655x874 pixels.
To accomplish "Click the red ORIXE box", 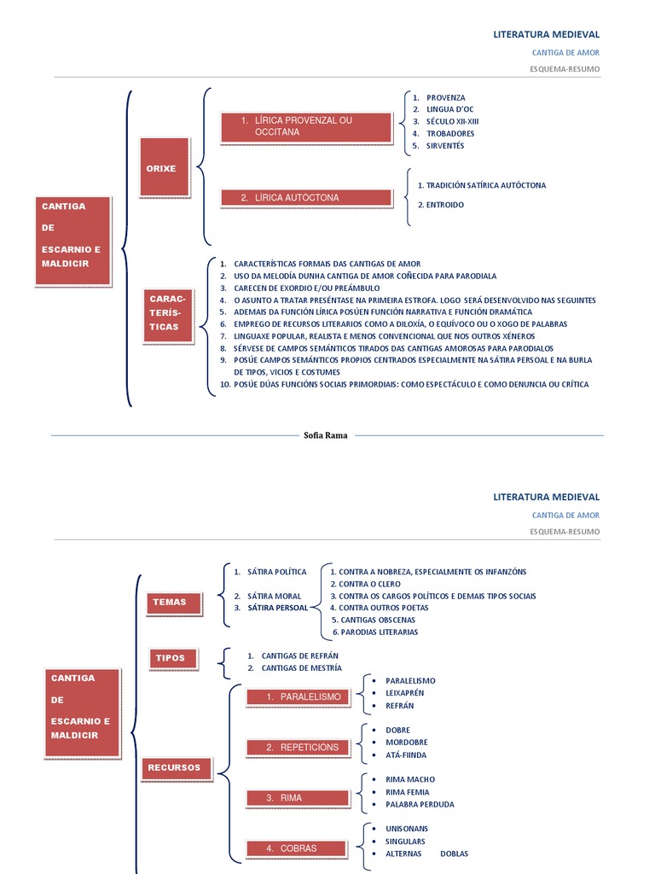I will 161,169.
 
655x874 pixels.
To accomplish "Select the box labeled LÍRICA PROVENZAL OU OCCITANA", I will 305,126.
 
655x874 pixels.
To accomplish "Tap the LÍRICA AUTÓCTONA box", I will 305,198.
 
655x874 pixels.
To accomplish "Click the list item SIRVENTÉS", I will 445,146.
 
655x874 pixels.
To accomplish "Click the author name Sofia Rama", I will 326,435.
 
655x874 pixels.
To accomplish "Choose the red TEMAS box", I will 170,603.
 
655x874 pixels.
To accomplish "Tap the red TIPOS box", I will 170,658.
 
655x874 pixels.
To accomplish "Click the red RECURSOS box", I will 174,768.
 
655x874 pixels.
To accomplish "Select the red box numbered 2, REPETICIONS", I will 298,748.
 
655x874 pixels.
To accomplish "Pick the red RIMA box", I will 298,798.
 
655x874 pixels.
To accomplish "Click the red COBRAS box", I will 298,848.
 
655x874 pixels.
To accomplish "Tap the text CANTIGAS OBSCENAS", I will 378,620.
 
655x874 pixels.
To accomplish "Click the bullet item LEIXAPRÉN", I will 404,693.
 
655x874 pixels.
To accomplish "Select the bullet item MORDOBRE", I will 406,743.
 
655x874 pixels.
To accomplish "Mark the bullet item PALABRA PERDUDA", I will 420,804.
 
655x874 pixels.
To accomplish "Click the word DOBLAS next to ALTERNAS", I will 454,854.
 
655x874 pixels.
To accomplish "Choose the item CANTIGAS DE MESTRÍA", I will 301,667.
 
